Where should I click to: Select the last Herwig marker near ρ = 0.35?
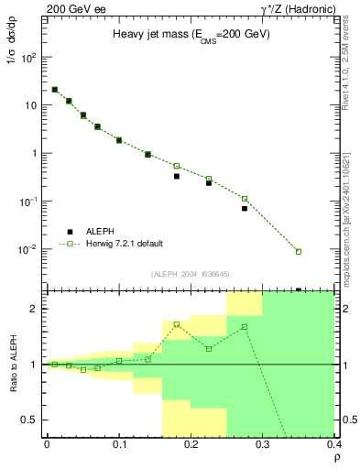pos(299,251)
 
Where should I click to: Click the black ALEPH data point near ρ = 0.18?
pos(177,176)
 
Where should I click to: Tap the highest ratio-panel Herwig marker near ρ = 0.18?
pos(177,324)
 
